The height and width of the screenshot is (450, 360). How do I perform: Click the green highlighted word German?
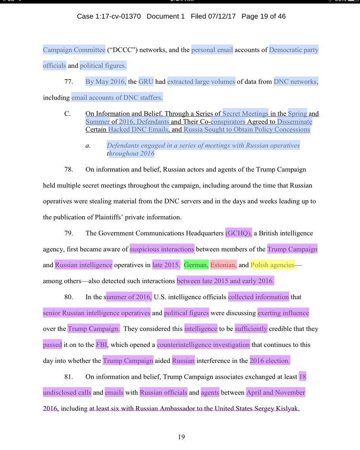coord(196,265)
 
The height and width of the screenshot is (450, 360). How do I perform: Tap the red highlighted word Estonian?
coord(223,265)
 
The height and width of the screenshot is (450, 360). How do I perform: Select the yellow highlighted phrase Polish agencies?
coord(273,265)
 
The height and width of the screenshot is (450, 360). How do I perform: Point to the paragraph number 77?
coord(68,82)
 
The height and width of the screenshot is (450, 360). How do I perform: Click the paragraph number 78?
coord(68,169)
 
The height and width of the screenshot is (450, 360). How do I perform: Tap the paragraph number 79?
coord(68,233)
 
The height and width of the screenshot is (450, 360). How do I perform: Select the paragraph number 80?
coord(68,297)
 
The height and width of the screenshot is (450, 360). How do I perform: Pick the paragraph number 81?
coord(68,376)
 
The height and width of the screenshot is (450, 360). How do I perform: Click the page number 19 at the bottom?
coord(181,436)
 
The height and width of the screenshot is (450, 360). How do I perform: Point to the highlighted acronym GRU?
coord(146,82)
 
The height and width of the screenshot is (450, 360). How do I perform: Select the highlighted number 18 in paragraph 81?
coord(303,376)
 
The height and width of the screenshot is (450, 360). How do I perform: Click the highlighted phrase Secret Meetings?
coord(246,114)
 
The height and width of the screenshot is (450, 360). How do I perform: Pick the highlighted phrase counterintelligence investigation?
coord(203,345)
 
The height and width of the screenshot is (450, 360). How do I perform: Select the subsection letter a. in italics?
coord(88,145)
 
